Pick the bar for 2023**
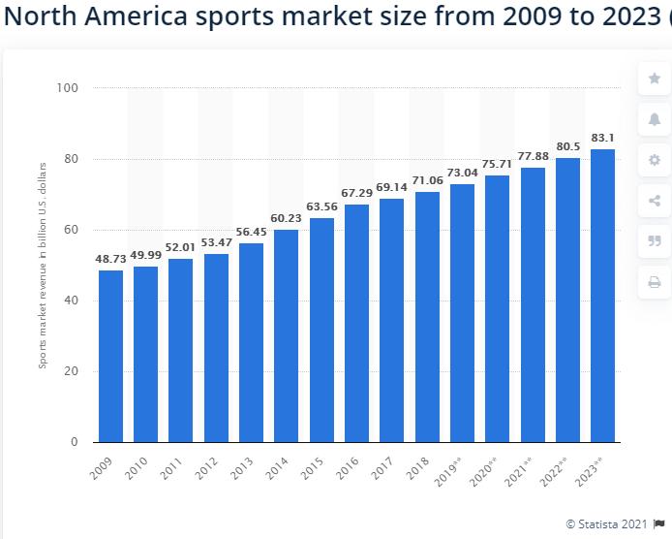pos(603,295)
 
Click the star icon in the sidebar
pos(654,78)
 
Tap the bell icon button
pos(654,118)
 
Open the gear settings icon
pos(654,160)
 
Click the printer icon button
pos(654,282)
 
